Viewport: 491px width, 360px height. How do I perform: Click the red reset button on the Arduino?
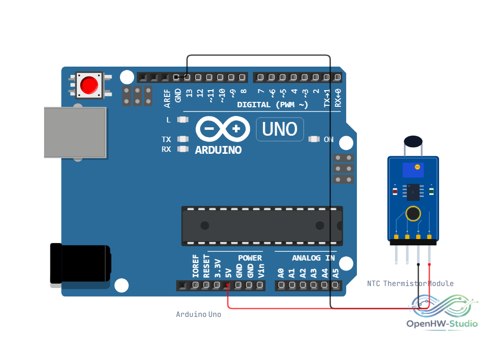[x=89, y=85]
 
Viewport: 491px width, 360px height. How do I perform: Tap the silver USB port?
[x=75, y=133]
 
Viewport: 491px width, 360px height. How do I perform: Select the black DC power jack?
[x=80, y=264]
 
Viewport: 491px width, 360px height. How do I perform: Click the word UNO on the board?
[x=280, y=129]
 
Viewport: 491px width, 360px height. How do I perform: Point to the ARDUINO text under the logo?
[x=218, y=150]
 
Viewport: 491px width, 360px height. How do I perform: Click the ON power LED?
[x=314, y=139]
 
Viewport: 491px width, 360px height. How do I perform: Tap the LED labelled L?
[x=183, y=120]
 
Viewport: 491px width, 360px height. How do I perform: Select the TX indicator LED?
[x=183, y=139]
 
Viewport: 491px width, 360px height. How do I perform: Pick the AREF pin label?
[x=167, y=98]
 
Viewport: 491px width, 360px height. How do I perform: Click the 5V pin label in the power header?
[x=228, y=273]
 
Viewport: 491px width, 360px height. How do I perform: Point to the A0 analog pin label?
[x=281, y=273]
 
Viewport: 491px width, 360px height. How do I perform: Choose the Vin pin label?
[x=261, y=271]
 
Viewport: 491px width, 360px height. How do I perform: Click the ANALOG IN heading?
[x=313, y=258]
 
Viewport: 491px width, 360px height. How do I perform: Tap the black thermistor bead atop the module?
[x=413, y=141]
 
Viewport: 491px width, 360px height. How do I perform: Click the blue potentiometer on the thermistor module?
[x=413, y=170]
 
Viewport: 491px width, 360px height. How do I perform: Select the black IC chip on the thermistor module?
[x=413, y=192]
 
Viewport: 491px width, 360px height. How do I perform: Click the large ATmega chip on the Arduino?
[x=262, y=226]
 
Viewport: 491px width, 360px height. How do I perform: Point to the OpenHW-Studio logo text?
[x=442, y=324]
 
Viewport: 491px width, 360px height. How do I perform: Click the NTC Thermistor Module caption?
[x=410, y=284]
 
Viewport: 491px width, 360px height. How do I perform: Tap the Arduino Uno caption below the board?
[x=199, y=314]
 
